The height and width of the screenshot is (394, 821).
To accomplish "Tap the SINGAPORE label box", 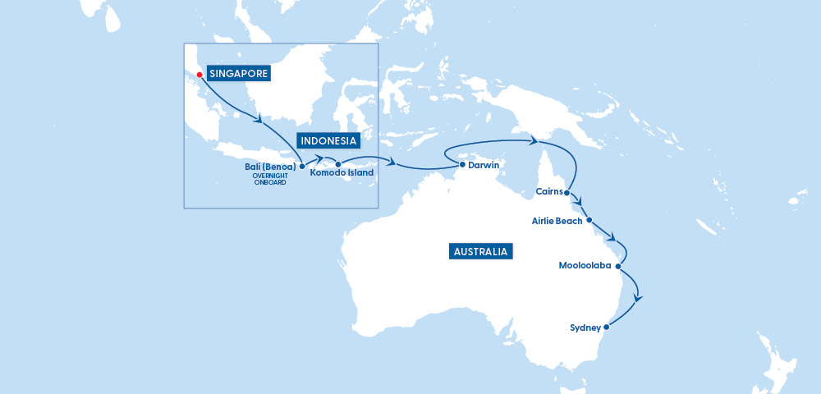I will click(x=239, y=74).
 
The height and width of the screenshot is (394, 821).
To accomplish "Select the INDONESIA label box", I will click(x=328, y=140).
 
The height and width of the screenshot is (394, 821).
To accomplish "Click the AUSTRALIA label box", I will click(x=481, y=252).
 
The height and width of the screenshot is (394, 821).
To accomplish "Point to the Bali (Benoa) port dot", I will click(x=303, y=165).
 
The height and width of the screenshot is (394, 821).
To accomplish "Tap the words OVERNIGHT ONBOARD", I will click(x=270, y=179).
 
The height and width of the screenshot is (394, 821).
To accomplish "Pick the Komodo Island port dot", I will click(x=338, y=164).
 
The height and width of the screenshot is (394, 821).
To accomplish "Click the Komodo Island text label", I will click(x=342, y=173).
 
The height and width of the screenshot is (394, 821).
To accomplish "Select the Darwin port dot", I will click(x=462, y=164).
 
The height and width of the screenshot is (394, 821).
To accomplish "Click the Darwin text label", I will click(x=484, y=165).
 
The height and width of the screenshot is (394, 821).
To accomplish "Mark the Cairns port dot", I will click(x=567, y=193).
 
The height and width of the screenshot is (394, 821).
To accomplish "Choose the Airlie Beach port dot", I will click(x=589, y=220).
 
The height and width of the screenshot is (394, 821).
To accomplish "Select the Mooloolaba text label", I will click(x=585, y=266).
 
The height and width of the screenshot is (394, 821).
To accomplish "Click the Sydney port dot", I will click(x=607, y=328).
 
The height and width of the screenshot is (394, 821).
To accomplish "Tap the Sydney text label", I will click(x=585, y=328).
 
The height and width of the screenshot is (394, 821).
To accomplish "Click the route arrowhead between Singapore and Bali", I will click(x=260, y=121).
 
